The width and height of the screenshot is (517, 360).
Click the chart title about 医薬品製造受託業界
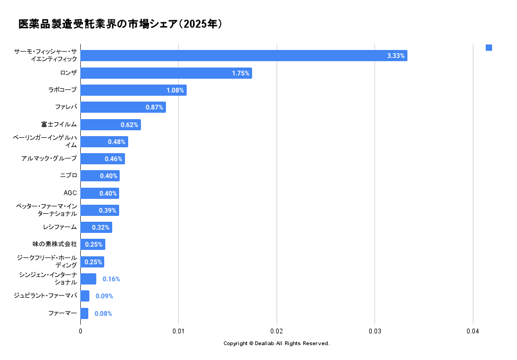coord(120,24)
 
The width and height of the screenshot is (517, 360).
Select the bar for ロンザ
coord(166,73)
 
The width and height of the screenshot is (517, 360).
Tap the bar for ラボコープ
coord(133,90)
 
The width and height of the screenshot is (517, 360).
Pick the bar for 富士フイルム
coord(110,124)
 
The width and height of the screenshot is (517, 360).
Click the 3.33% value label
coord(396,56)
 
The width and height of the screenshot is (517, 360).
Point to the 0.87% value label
coord(154,107)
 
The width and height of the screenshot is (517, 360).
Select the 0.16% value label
coord(111,279)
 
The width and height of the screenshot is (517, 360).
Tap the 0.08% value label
coord(103,314)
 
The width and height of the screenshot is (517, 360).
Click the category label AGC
coord(70,193)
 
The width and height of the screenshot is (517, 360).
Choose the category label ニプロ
coord(69,175)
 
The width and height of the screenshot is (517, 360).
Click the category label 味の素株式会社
coord(55,244)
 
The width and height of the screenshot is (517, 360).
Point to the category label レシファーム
coord(60,227)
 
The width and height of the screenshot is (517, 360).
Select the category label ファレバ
coord(66,107)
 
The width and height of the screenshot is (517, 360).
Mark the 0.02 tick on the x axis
coord(277,331)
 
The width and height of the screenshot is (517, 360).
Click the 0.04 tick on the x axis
coord(473,331)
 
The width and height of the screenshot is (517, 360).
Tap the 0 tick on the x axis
coord(81,331)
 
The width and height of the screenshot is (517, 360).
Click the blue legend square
coord(489,48)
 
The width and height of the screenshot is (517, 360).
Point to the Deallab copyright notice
coord(277,344)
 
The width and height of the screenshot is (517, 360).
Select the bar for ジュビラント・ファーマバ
coord(85,296)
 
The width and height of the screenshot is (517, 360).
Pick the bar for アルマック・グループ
coord(103,158)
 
